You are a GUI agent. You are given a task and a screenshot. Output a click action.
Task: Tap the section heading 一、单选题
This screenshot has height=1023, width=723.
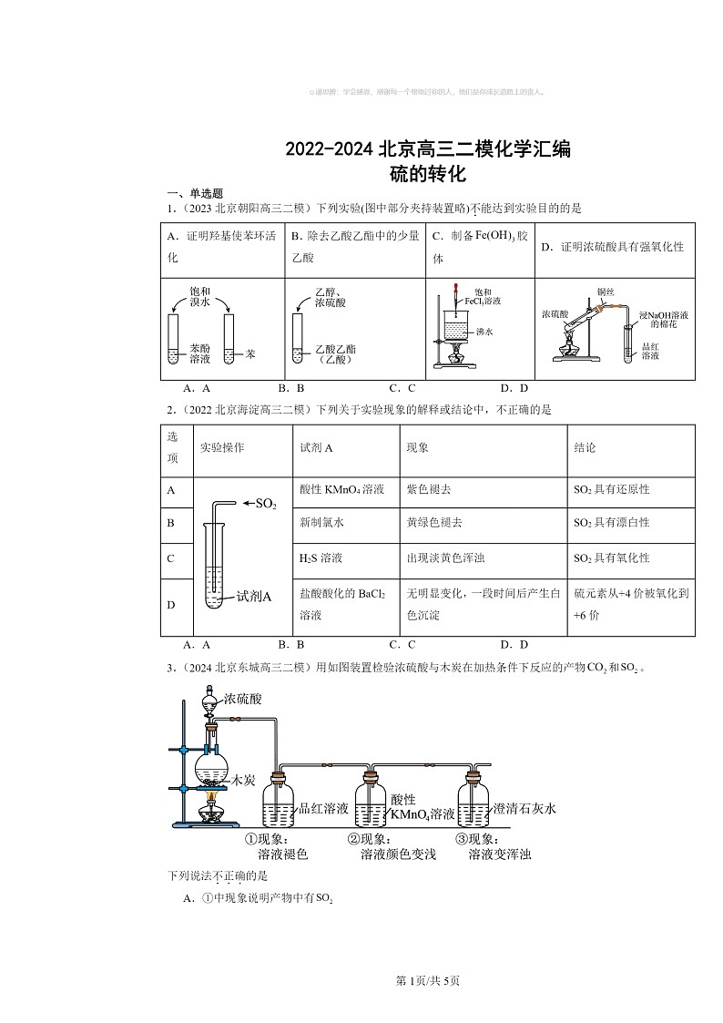click(188, 194)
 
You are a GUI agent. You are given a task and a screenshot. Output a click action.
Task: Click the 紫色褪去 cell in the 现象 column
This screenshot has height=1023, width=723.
click(429, 489)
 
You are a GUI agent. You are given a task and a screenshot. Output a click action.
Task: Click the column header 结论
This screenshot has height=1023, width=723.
click(586, 448)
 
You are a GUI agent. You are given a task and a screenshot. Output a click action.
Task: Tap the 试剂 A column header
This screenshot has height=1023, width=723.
click(316, 448)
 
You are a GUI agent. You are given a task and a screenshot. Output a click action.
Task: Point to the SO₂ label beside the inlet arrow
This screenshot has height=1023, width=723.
click(265, 504)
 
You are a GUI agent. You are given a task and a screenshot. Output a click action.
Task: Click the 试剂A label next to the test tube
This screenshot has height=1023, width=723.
click(254, 597)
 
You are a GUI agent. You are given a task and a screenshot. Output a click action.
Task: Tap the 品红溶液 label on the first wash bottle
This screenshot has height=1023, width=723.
click(324, 808)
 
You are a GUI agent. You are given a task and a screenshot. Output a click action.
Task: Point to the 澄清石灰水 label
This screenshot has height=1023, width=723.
click(524, 808)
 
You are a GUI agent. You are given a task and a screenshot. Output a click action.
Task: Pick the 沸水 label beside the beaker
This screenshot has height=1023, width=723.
click(484, 332)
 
